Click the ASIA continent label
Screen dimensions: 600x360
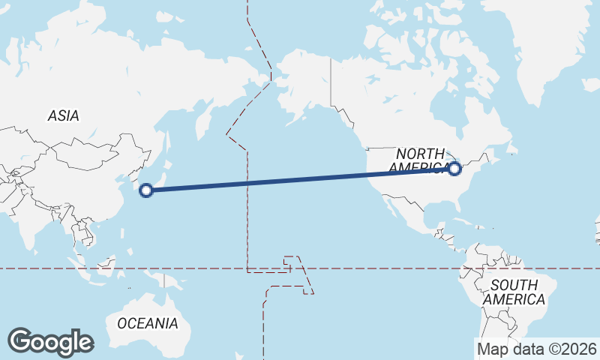point(63,115)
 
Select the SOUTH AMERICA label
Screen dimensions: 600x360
point(514,292)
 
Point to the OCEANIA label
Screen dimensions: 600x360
point(148,323)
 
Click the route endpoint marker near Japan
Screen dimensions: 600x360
point(147,190)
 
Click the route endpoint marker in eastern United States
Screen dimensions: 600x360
point(454,168)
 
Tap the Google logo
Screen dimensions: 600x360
point(50,341)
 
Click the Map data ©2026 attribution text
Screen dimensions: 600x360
point(537,349)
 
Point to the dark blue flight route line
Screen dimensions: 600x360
point(300,179)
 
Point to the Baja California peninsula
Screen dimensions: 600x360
point(391,206)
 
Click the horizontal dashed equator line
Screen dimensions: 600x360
point(375,268)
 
